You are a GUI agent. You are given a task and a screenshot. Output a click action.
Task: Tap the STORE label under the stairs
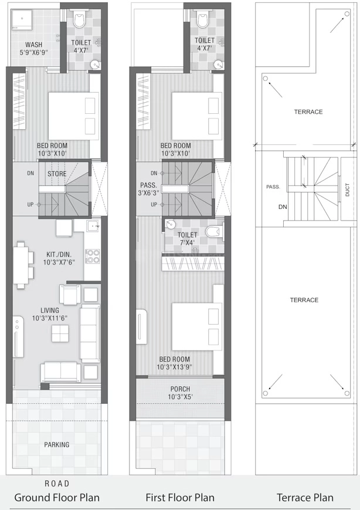(57, 174)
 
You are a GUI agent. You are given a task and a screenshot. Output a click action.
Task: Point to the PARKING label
(57, 444)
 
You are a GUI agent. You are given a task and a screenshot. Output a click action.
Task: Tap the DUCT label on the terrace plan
(347, 190)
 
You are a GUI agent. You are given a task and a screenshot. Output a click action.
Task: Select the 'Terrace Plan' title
(305, 498)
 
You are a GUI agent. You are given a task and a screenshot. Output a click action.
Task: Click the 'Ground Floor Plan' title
(57, 498)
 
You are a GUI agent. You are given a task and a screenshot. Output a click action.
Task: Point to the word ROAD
(57, 484)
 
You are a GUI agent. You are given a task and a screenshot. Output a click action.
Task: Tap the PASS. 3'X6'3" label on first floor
(148, 189)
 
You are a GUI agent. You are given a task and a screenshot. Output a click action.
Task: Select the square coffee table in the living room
(60, 333)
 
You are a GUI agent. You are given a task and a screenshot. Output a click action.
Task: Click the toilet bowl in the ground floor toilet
(79, 19)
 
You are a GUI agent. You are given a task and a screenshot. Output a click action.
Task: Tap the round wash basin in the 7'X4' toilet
(170, 224)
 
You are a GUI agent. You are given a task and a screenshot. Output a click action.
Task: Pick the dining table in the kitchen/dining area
(21, 264)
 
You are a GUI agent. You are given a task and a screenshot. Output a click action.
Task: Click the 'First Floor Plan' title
(180, 498)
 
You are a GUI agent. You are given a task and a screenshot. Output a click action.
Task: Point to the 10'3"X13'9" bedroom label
(175, 363)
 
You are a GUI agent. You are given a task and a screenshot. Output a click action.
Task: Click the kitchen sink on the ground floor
(93, 225)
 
